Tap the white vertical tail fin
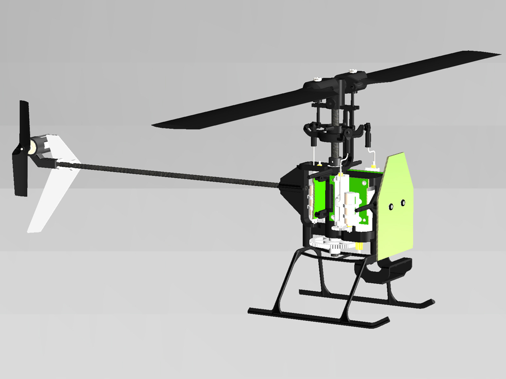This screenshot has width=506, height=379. [x=52, y=192]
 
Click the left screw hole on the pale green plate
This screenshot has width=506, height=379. [x=391, y=207]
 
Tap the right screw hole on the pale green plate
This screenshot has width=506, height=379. [x=403, y=202]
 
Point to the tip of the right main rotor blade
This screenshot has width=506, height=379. [x=497, y=55]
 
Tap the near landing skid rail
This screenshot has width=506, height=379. [x=316, y=318]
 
